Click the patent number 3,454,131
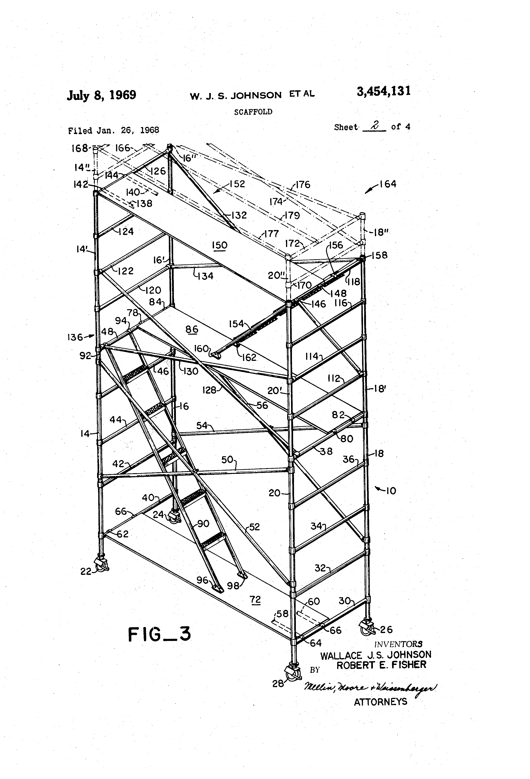pos(384,91)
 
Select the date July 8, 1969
pos(101,95)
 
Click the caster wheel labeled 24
pos(174,517)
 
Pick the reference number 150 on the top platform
pos(220,245)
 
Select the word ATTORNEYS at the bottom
pos(381,702)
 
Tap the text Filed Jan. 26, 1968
pos(113,130)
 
